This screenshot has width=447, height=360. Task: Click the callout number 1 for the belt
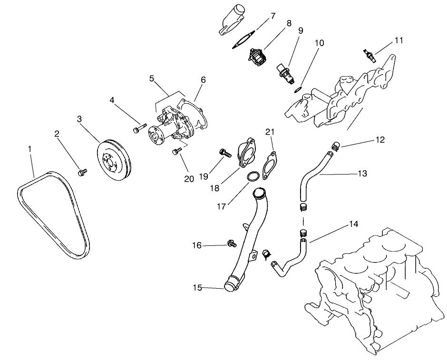[29, 149]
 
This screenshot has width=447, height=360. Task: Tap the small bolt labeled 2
[82, 171]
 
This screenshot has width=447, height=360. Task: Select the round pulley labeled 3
[112, 160]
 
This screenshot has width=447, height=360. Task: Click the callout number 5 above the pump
[152, 78]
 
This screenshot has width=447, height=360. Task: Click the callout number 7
[272, 16]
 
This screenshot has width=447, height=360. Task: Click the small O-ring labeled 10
[297, 89]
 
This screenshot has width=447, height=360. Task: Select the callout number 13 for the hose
[362, 174]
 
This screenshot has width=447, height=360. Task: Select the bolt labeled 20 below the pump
[177, 152]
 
